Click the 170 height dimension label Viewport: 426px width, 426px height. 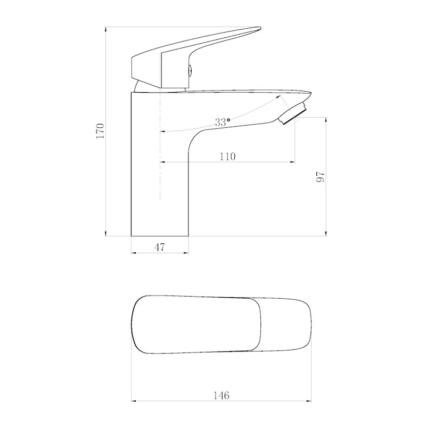click(100, 130)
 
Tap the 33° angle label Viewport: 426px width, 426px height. click(223, 122)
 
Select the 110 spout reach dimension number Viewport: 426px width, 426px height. click(227, 157)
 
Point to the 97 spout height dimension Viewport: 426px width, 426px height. click(320, 177)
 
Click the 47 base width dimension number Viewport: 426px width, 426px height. click(160, 247)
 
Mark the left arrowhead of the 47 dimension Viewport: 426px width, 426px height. click(134, 253)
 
